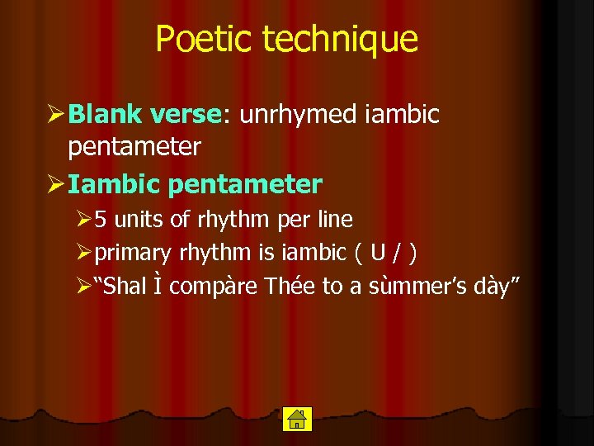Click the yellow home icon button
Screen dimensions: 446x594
click(295, 420)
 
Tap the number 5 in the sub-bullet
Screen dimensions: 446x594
click(100, 220)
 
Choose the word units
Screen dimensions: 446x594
click(134, 220)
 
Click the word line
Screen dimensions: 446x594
click(335, 220)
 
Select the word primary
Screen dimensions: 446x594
click(133, 253)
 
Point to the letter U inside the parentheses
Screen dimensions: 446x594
click(376, 253)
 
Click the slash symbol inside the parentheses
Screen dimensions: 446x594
click(397, 253)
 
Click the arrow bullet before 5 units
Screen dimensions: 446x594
click(82, 221)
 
